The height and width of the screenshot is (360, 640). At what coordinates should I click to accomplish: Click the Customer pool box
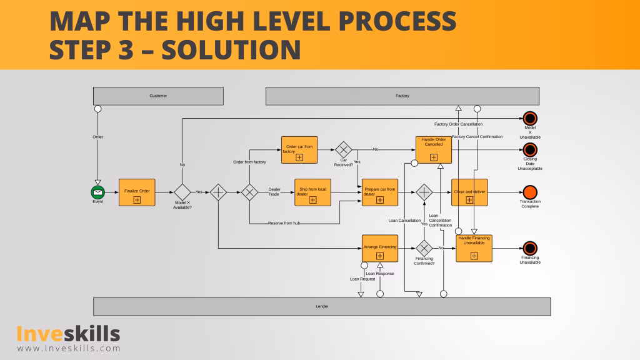pyautogui.click(x=158, y=96)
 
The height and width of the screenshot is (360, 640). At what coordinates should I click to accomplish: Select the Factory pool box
pyautogui.click(x=402, y=96)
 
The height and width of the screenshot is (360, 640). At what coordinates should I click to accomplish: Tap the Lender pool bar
pyautogui.click(x=322, y=306)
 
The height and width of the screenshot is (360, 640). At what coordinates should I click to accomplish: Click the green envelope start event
pyautogui.click(x=97, y=192)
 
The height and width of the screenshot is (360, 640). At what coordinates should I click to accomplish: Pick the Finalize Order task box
pyautogui.click(x=137, y=192)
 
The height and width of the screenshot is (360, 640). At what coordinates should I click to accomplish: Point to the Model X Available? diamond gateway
pyautogui.click(x=182, y=192)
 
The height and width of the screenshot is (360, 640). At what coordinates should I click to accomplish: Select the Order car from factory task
pyautogui.click(x=299, y=150)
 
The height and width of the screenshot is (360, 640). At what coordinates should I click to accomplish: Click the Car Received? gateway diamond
pyautogui.click(x=344, y=149)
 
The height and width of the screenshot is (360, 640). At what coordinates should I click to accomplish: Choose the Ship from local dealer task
pyautogui.click(x=312, y=192)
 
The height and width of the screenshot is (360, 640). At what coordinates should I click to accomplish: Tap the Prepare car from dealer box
pyautogui.click(x=380, y=192)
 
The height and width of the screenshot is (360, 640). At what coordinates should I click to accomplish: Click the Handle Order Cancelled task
pyautogui.click(x=434, y=150)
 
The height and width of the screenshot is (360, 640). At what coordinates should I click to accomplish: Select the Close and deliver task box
pyautogui.click(x=469, y=192)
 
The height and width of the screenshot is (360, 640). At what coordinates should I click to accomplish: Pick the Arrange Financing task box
pyautogui.click(x=380, y=247)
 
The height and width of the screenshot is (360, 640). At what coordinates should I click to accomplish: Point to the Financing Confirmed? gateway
pyautogui.click(x=424, y=247)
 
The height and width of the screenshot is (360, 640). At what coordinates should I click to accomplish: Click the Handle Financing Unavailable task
pyautogui.click(x=474, y=248)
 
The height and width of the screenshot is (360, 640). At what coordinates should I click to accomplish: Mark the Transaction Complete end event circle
pyautogui.click(x=530, y=192)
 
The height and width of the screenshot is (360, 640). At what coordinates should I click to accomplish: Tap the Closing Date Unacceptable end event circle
pyautogui.click(x=530, y=149)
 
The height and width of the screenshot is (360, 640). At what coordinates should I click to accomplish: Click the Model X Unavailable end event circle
pyautogui.click(x=530, y=118)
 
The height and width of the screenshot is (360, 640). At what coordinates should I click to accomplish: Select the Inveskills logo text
pyautogui.click(x=68, y=334)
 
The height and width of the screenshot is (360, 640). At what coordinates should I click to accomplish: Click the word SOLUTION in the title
pyautogui.click(x=231, y=49)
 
